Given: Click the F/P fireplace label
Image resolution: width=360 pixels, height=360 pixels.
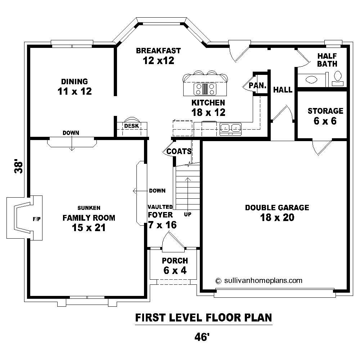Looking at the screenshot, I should pos(36,219).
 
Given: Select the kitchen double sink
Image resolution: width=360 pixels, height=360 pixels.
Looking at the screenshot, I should pos(230,127).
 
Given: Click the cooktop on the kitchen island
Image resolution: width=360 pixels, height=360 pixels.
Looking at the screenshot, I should pos(205,88).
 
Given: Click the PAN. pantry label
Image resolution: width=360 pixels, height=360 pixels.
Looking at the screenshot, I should pos(257,86).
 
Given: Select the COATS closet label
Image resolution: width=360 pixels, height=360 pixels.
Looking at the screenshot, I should pos(179,151).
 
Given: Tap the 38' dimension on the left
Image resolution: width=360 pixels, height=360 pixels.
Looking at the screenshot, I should pos(19,167).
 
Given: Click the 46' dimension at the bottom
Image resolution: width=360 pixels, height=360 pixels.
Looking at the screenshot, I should pos(202,337).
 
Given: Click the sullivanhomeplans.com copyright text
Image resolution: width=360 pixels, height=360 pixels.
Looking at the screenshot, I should pos(258,280).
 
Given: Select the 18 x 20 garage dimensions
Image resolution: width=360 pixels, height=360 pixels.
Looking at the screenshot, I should pos(277,217).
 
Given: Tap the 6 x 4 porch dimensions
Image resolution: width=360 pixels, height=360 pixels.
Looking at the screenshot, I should pos(175,270).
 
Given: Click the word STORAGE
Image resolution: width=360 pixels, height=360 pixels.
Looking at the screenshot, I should pos(325,111).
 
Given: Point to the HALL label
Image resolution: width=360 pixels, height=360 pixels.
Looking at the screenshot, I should pos(283,90).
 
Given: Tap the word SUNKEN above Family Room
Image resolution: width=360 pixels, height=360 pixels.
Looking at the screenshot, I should pos(89,208).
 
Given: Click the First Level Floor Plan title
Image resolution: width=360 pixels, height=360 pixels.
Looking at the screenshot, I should pos(203,318).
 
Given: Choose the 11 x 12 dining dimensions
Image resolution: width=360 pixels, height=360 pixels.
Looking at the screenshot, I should pos(75,91).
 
